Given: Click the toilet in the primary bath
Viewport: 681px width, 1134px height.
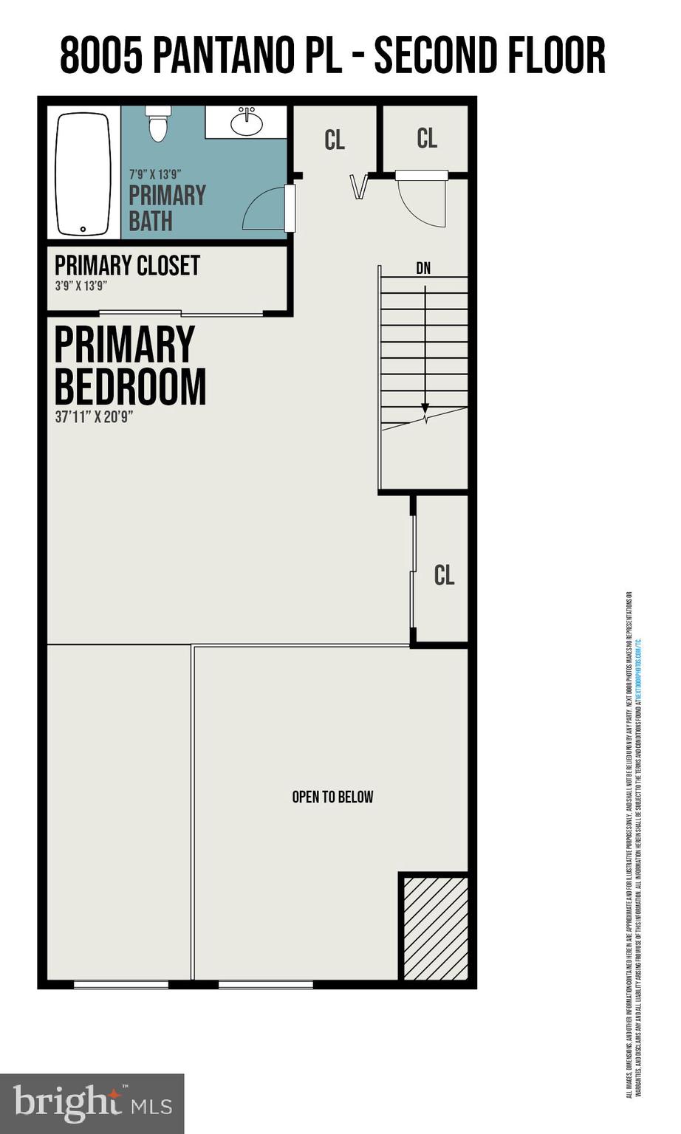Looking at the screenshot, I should (158, 123).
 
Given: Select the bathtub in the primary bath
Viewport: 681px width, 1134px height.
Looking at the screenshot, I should (83, 173).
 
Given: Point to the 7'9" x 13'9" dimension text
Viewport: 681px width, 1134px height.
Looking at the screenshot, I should (155, 175).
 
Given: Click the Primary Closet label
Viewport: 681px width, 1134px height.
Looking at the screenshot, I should (127, 265).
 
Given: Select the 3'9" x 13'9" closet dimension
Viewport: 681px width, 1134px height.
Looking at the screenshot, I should (81, 286).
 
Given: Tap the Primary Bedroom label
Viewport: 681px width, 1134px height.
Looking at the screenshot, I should (129, 365).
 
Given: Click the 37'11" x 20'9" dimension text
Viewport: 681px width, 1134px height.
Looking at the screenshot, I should (94, 416).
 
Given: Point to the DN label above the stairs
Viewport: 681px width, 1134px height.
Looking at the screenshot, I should (423, 269).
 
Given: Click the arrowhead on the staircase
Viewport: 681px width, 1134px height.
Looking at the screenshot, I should (425, 408).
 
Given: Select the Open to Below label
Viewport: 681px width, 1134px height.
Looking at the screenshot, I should (332, 797).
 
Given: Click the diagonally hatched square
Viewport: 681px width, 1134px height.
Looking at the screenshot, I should (435, 927).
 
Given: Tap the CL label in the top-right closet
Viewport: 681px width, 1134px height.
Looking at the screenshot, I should (427, 138).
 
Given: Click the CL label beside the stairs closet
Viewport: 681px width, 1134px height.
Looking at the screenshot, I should (444, 575).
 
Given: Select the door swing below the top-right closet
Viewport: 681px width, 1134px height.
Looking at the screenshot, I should (423, 202).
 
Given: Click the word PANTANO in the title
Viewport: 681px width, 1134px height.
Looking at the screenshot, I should (235, 56).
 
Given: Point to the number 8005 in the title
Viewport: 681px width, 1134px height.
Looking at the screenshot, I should (100, 56).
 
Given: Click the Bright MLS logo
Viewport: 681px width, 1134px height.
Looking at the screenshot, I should (92, 1103).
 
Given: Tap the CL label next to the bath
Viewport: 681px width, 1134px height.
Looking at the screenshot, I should (335, 140).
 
